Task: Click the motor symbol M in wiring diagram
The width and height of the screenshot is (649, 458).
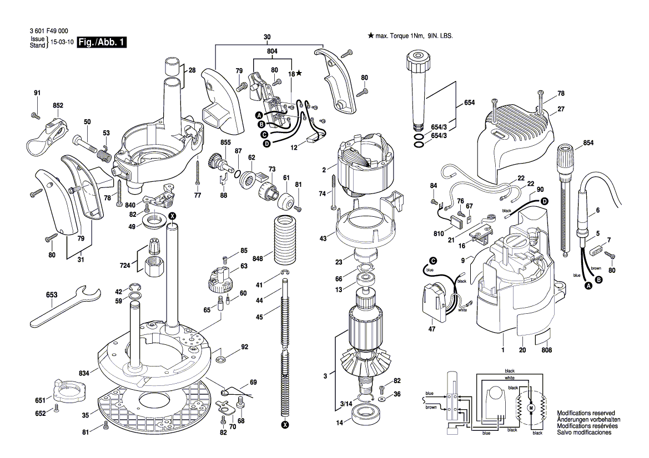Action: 530,409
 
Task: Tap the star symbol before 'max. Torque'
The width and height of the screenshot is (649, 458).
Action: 370,35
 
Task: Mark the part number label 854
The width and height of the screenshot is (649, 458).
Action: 588,144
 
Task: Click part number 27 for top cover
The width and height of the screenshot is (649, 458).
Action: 561,109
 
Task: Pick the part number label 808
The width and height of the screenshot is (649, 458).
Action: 547,350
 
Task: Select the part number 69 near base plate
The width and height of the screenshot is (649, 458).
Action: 253,382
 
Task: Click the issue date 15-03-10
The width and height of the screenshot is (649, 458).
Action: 62,43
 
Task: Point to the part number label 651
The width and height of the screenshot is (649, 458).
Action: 40,400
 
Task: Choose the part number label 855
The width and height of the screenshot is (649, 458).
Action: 210,143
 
